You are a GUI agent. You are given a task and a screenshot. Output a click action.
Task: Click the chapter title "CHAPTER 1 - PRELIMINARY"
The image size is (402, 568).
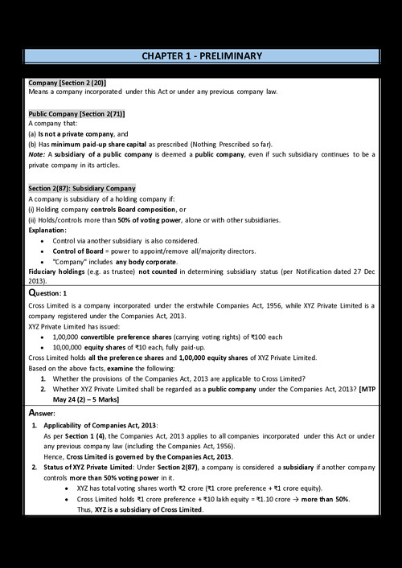coord(201,55)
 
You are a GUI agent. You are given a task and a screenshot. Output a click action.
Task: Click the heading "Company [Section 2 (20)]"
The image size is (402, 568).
coord(67,83)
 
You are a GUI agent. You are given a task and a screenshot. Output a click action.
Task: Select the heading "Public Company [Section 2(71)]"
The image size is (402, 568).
coord(76,114)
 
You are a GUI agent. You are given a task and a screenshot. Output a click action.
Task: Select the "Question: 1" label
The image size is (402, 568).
coord(53,294)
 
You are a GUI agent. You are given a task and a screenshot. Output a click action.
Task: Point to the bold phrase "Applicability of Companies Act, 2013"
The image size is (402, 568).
coord(99,424)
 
